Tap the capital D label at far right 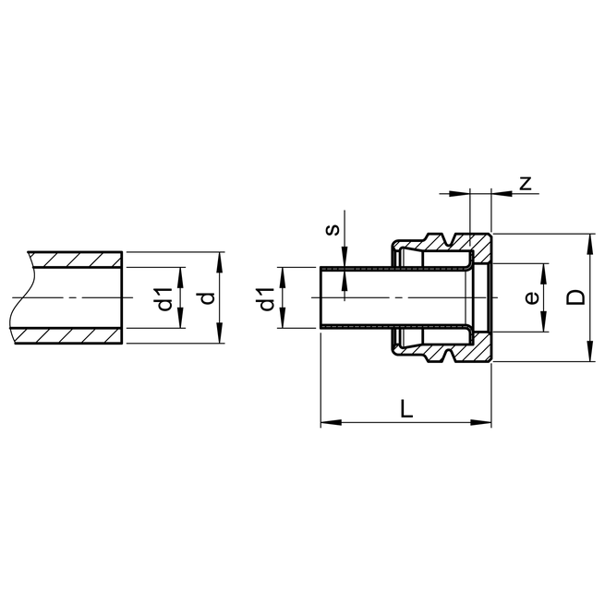[575, 296]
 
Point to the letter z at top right [525, 183]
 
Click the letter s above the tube [333, 228]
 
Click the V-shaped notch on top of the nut [451, 242]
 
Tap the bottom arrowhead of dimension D [589, 357]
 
